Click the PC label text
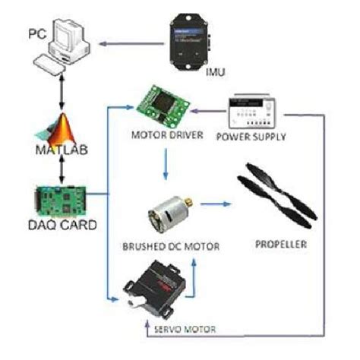(38, 34)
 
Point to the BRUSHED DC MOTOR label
(166, 247)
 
